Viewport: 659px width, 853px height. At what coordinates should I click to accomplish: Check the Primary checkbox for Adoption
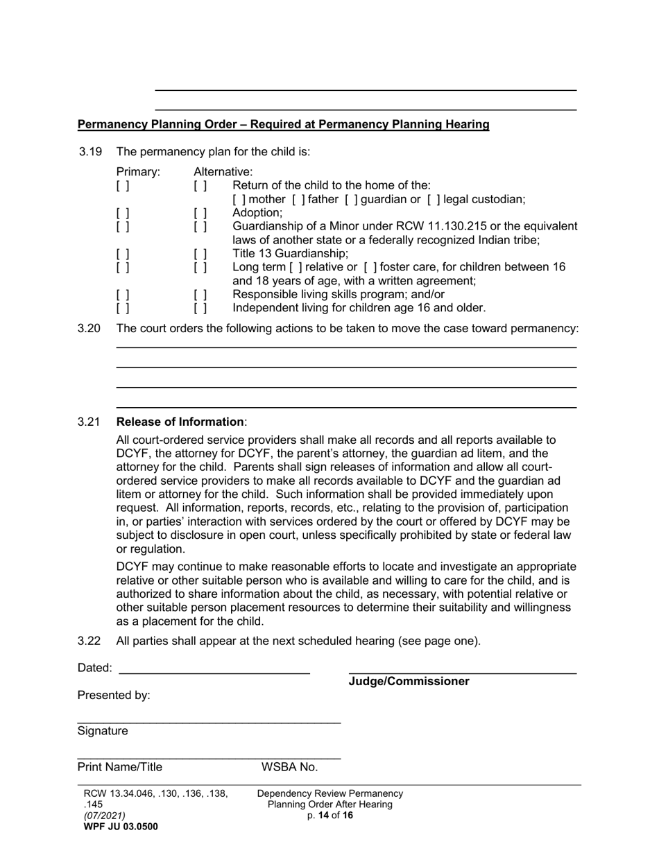[x=123, y=213]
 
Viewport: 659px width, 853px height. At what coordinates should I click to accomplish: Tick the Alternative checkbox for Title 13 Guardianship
[x=200, y=254]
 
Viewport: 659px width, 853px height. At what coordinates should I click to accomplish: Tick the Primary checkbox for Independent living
[x=123, y=308]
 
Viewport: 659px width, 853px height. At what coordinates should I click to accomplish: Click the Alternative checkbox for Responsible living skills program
[x=200, y=295]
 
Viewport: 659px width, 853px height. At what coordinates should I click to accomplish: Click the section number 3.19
[x=90, y=152]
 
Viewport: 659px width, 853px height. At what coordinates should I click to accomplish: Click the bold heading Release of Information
[x=180, y=422]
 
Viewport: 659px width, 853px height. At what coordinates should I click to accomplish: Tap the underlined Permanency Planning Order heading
[x=283, y=125]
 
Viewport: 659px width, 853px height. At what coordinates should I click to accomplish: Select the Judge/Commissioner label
[x=409, y=682]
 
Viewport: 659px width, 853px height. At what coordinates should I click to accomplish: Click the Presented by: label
[x=114, y=696]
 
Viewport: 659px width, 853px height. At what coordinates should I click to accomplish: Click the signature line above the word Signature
[x=208, y=723]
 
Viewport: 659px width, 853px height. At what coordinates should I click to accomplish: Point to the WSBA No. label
[x=289, y=767]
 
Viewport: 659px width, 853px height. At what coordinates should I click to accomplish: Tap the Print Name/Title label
[x=120, y=767]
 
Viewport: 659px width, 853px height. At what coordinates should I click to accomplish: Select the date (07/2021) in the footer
[x=105, y=816]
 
